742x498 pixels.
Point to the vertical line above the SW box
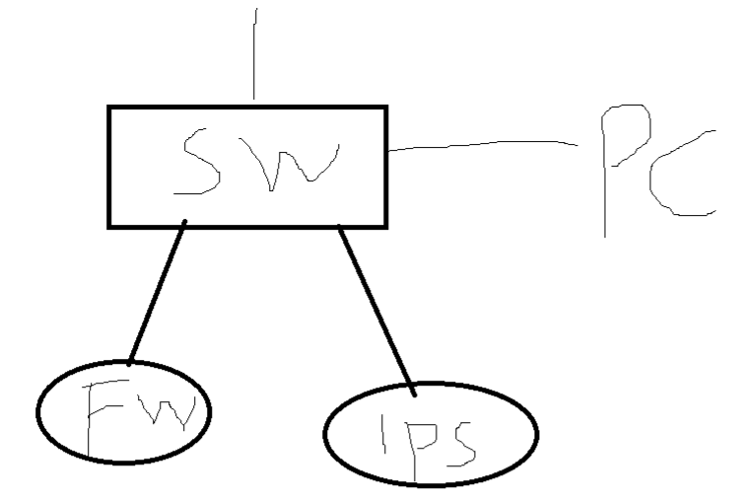(255, 54)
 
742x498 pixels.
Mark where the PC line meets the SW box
(387, 151)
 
